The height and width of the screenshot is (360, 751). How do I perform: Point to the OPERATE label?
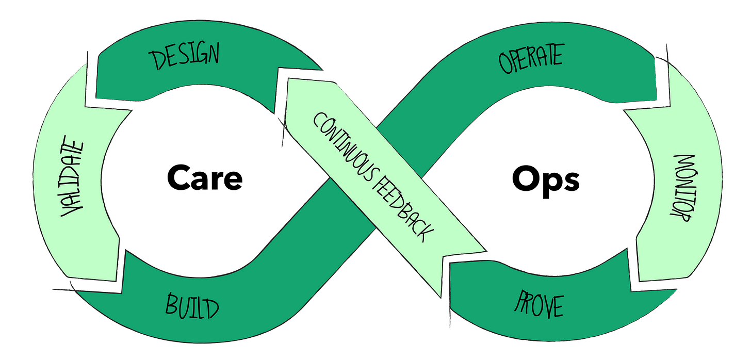(530, 59)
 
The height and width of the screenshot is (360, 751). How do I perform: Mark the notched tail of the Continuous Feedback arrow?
(454, 268)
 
